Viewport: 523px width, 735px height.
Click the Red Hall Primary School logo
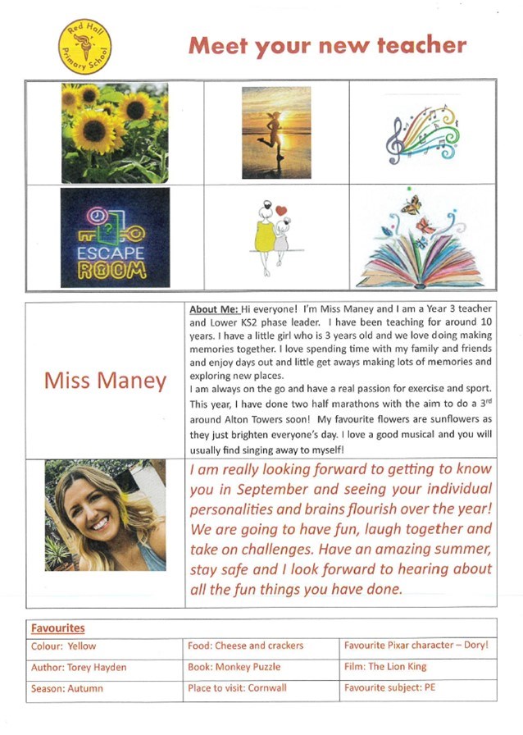click(x=86, y=48)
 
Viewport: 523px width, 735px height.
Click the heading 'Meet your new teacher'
click(x=327, y=45)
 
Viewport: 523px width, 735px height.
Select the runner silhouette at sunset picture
click(x=276, y=132)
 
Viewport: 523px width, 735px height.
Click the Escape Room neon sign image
click(x=115, y=238)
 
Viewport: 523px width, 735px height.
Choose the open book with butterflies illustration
click(x=421, y=240)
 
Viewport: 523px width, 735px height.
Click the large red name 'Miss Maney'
click(x=105, y=381)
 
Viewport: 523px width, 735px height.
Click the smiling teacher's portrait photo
click(x=105, y=515)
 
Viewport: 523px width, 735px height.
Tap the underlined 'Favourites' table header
click(x=57, y=628)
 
